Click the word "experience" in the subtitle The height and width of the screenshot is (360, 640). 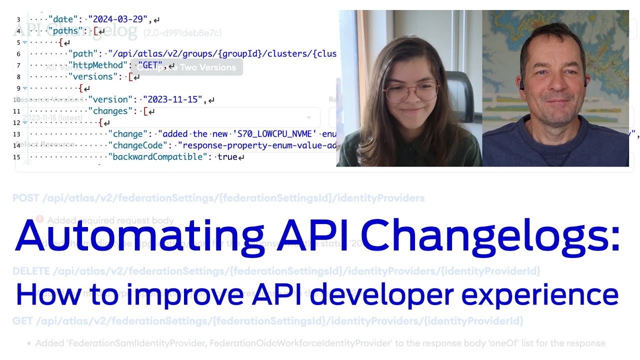[540, 295]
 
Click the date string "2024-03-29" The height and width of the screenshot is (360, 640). [118, 19]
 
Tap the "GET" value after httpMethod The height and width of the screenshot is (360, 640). [150, 65]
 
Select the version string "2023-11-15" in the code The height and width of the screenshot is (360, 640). [173, 99]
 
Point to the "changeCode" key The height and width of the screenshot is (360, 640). [138, 145]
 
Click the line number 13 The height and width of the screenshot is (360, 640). [17, 134]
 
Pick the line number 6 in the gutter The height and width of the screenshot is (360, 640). [18, 54]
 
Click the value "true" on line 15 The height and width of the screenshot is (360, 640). [227, 157]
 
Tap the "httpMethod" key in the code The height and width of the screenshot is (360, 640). [98, 65]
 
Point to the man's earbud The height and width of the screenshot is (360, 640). [521, 85]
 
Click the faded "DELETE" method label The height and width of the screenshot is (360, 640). [31, 271]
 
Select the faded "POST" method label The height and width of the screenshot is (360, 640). [26, 198]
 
